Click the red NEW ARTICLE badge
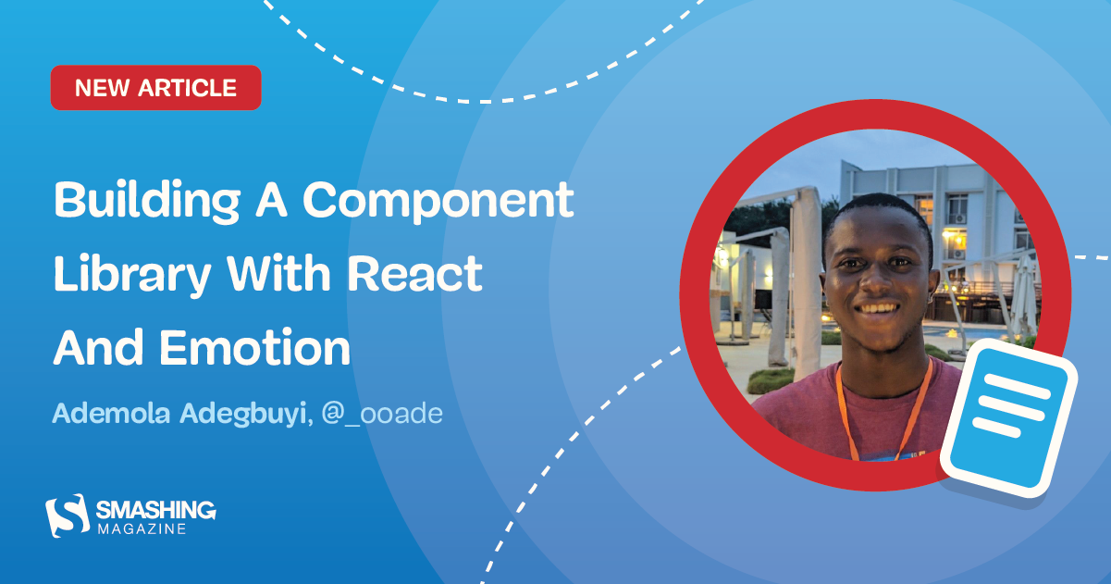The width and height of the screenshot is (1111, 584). tap(155, 88)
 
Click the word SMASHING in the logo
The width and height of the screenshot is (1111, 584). tap(154, 509)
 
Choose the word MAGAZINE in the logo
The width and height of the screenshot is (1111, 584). tap(142, 528)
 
